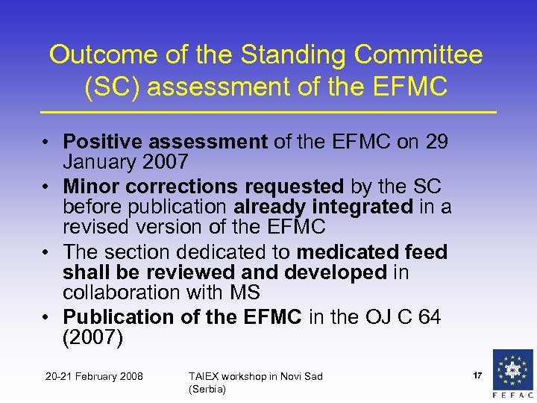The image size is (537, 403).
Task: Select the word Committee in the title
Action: tap(419, 54)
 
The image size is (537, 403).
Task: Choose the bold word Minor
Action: tap(88, 186)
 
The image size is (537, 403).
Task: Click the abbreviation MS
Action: tap(244, 293)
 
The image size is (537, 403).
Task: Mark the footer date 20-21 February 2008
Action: tap(95, 376)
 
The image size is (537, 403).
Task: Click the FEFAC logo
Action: tap(513, 374)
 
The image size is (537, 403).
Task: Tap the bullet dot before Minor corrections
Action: tap(46, 187)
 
